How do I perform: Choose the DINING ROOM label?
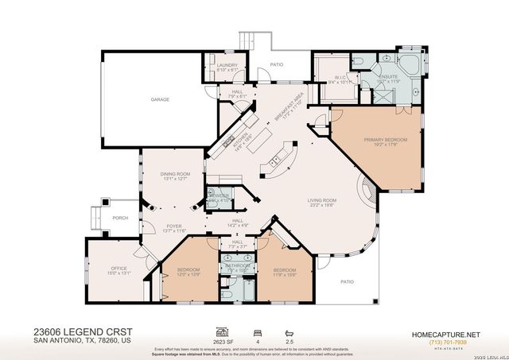[176, 176]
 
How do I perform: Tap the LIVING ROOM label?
[322, 202]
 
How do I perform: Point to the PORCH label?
[120, 218]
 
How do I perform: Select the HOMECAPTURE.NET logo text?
[449, 333]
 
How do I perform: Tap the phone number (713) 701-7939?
[449, 341]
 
